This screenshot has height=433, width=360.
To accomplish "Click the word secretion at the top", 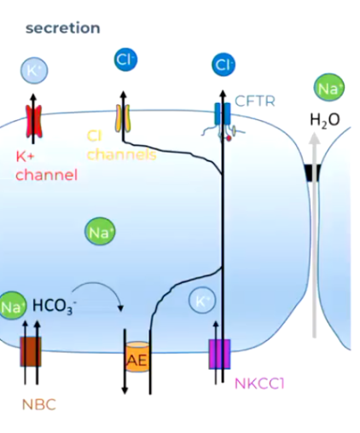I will click(62, 28).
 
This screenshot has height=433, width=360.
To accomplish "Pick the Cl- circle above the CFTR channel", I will click(224, 64).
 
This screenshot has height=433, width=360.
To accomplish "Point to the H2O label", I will click(324, 120).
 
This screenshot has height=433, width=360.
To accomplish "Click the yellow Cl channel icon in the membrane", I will click(125, 119).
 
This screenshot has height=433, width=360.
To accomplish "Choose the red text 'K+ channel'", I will click(46, 166).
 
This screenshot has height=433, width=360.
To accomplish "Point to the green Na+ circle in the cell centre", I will click(98, 231).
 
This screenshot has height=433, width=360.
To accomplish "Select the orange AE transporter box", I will click(137, 359).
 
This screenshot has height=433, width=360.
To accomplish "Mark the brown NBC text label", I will click(38, 404).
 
